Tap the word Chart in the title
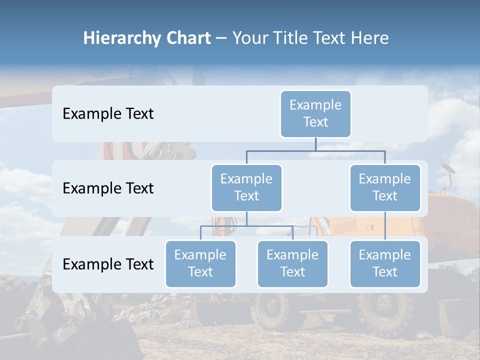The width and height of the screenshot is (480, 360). click(186, 38)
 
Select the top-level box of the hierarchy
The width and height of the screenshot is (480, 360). click(315, 114)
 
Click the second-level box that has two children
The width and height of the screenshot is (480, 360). click(246, 188)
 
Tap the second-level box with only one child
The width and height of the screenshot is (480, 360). click(385, 188)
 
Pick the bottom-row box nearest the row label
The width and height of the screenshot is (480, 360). click(200, 264)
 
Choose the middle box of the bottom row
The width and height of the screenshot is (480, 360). click(292, 264)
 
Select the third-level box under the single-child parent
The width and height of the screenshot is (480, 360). click(385, 264)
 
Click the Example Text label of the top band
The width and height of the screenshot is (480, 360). click(108, 114)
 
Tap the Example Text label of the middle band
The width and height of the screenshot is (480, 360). click(108, 188)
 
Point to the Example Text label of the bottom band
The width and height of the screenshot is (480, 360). click(108, 264)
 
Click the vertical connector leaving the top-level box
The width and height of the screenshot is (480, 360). click(315, 144)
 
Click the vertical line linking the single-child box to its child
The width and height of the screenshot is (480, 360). click(385, 226)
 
